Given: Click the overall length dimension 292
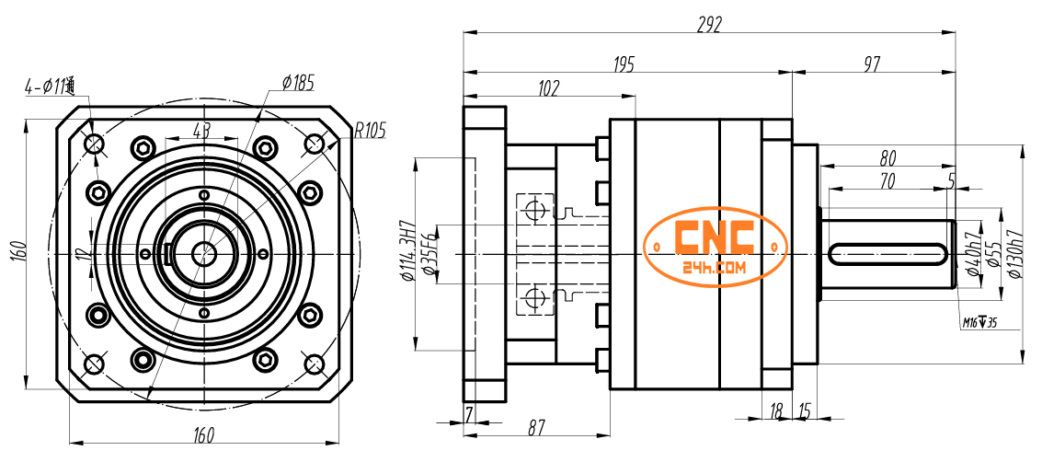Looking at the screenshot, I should click(710, 22).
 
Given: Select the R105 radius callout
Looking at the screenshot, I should click(369, 130).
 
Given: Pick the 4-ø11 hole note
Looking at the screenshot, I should click(50, 87).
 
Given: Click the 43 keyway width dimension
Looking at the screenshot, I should click(201, 130).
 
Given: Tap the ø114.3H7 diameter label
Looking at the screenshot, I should click(406, 250).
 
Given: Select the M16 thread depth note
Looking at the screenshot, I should click(979, 322).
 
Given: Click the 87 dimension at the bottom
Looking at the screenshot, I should click(536, 428).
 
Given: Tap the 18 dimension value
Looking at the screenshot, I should click(776, 410).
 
